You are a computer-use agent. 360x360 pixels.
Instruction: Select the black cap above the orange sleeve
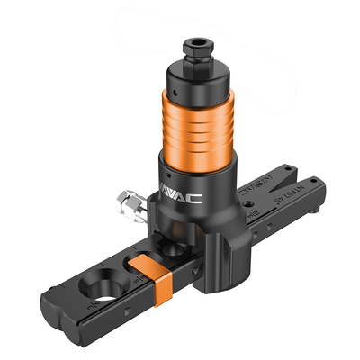[x=197, y=76]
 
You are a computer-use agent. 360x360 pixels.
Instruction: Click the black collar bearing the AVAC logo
[x=198, y=189]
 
